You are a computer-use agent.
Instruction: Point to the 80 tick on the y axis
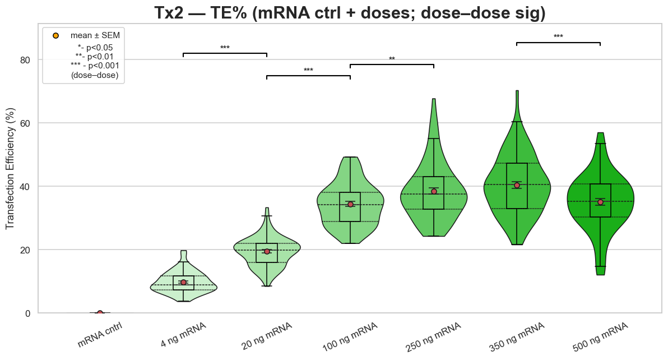click(x=27, y=59)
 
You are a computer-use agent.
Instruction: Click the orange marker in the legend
click(x=55, y=35)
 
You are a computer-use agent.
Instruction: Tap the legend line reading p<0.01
click(x=97, y=56)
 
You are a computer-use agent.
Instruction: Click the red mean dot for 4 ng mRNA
click(x=183, y=282)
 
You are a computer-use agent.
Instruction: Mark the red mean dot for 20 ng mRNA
click(x=267, y=251)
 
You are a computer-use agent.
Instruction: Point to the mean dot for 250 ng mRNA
click(x=434, y=191)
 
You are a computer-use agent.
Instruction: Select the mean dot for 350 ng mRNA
click(x=517, y=185)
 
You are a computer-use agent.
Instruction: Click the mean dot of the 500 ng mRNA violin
click(x=600, y=202)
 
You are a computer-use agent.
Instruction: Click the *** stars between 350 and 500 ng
click(x=558, y=37)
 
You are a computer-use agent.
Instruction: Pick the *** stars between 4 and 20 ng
click(x=225, y=48)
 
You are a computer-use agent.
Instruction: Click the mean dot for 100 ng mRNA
click(x=350, y=204)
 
